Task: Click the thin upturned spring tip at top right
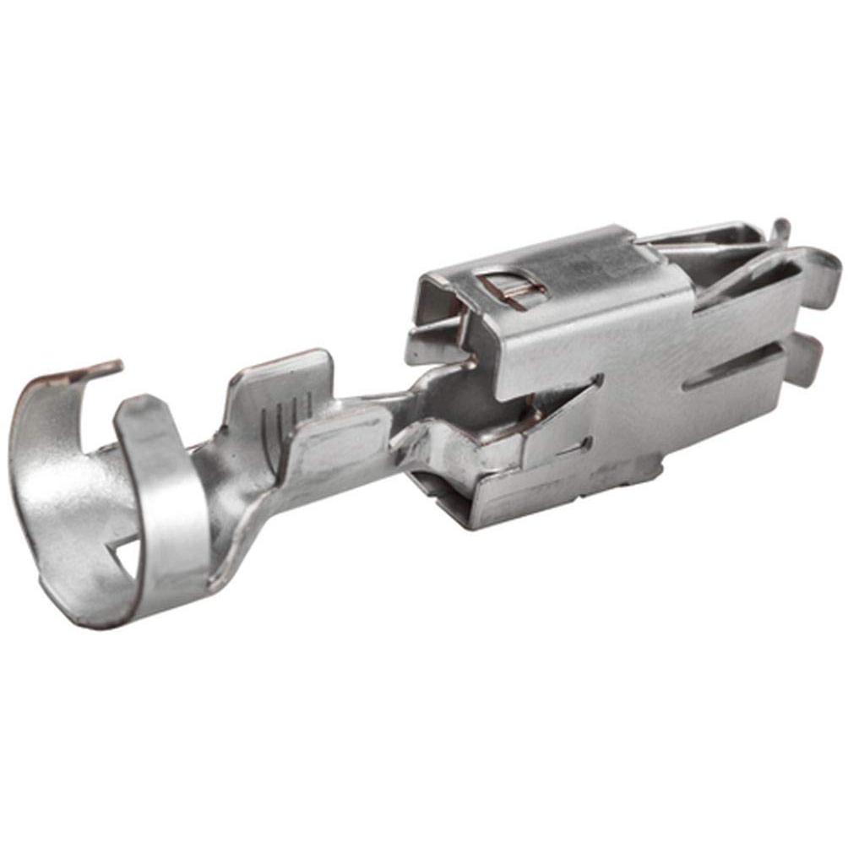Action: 780,230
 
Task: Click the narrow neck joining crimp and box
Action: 397,414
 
